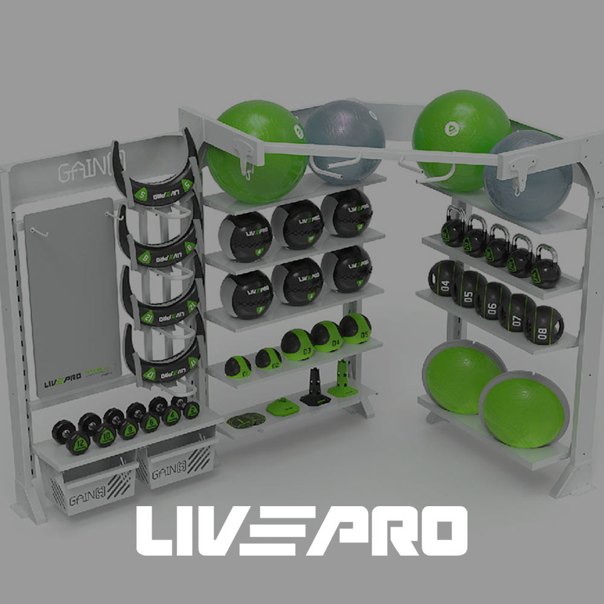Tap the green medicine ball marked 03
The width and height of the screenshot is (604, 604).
point(297,344)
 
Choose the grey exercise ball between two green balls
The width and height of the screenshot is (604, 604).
point(344,142)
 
